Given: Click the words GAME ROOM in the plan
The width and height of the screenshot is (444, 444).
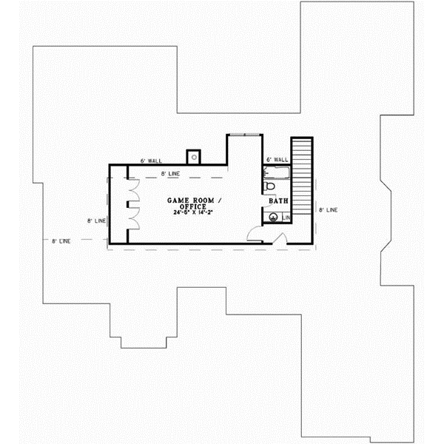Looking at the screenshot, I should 188,201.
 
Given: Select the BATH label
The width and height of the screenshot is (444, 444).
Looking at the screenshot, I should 278,201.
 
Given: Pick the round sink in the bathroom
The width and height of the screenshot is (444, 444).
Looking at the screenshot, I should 272,218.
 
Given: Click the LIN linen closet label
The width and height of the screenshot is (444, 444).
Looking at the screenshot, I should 286,218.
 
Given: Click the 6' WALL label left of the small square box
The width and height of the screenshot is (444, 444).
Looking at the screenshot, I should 150,161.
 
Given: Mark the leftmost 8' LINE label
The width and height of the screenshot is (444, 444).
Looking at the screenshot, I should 61,240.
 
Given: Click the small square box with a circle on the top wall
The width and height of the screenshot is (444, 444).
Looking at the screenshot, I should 195,157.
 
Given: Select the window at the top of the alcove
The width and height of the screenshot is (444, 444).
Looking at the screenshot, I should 245,135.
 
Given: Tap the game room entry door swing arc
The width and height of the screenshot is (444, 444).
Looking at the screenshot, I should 253,235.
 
